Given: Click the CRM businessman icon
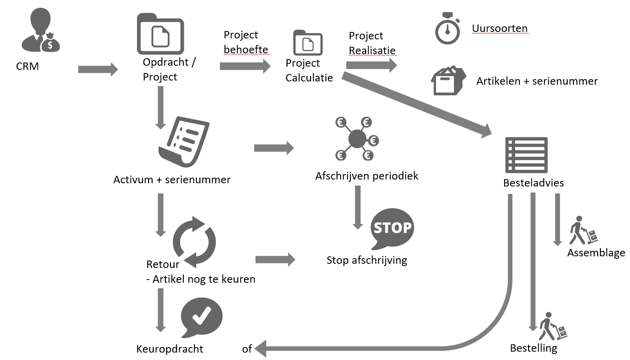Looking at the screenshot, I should (x=41, y=31).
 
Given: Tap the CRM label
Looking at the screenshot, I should (x=27, y=66).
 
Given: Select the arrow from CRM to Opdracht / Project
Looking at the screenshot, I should (x=98, y=69).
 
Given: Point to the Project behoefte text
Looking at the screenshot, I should (x=246, y=42).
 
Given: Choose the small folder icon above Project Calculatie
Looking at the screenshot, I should (x=308, y=43).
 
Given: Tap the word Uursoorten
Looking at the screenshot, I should (x=499, y=29).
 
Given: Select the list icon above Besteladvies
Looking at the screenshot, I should (x=526, y=155).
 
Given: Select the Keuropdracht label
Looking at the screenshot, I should (x=170, y=349).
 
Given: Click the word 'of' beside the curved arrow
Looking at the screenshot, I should (x=247, y=349).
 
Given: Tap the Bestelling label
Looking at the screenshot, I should (x=533, y=348).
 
